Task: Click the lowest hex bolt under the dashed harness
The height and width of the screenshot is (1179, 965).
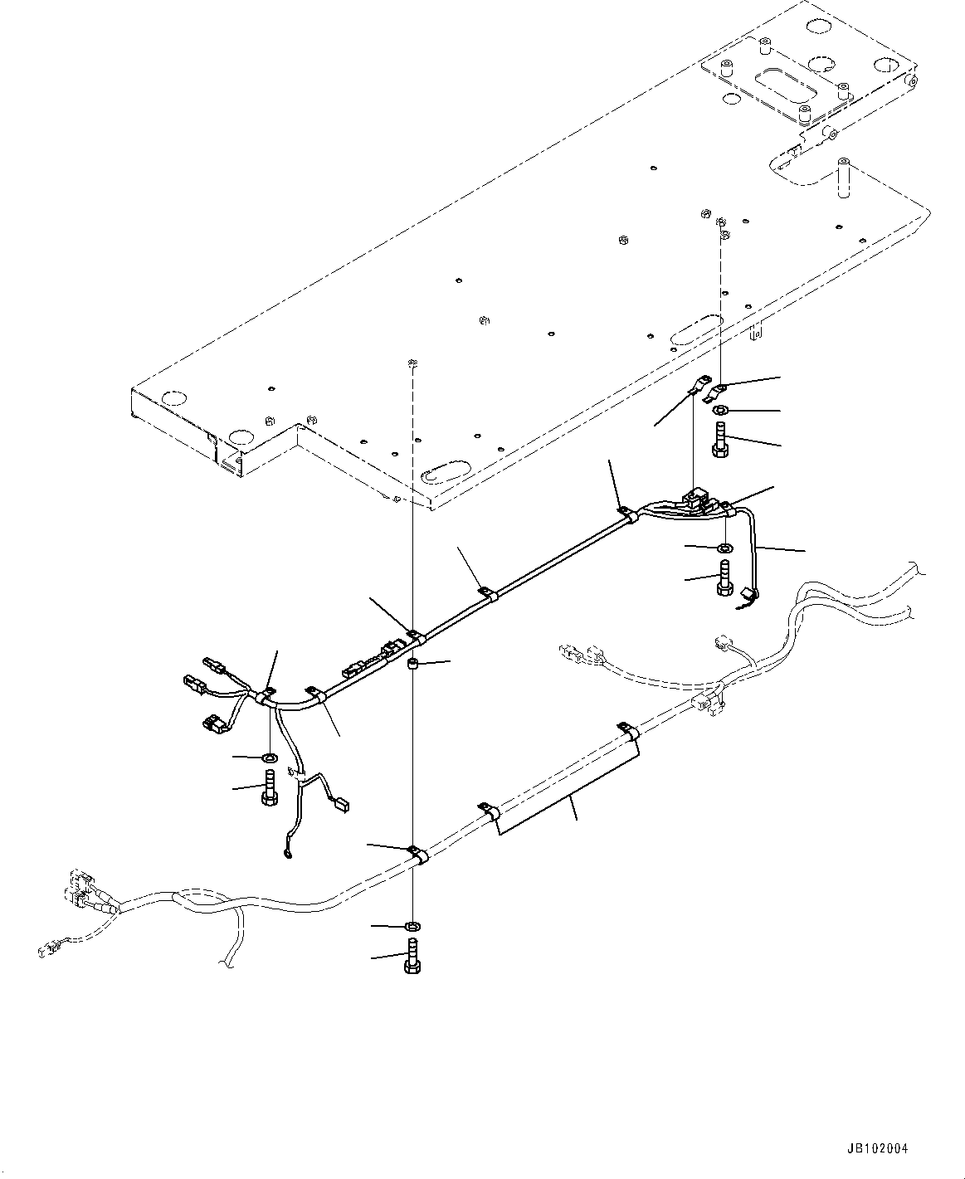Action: click(x=412, y=958)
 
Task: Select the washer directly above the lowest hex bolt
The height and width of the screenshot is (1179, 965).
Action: click(x=412, y=926)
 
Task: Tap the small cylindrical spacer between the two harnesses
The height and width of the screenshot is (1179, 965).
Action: click(x=412, y=664)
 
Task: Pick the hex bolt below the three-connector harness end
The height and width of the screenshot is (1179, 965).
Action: click(x=270, y=786)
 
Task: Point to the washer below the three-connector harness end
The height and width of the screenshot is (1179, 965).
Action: click(x=270, y=758)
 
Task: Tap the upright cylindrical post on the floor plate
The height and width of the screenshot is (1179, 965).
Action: click(x=844, y=178)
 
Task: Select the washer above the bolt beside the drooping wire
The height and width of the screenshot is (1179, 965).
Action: click(x=724, y=548)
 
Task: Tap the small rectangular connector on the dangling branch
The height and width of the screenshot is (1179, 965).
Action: click(x=339, y=802)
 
